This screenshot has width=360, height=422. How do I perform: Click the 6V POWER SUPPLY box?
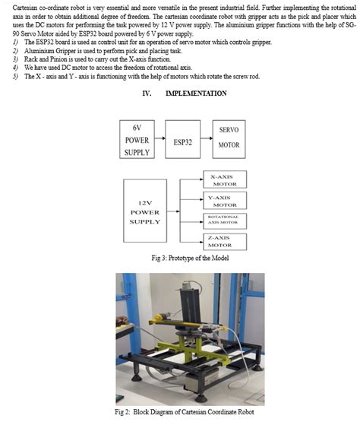[x=137, y=140]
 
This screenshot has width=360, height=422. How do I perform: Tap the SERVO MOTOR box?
[x=229, y=137]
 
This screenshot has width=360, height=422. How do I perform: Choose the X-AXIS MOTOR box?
[x=224, y=180]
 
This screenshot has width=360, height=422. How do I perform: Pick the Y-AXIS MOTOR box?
[x=224, y=201]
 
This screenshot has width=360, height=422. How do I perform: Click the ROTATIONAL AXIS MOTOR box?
[x=224, y=220]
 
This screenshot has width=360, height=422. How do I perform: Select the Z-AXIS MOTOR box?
[x=224, y=241]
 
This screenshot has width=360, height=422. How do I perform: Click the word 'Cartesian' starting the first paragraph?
[x=28, y=5]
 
